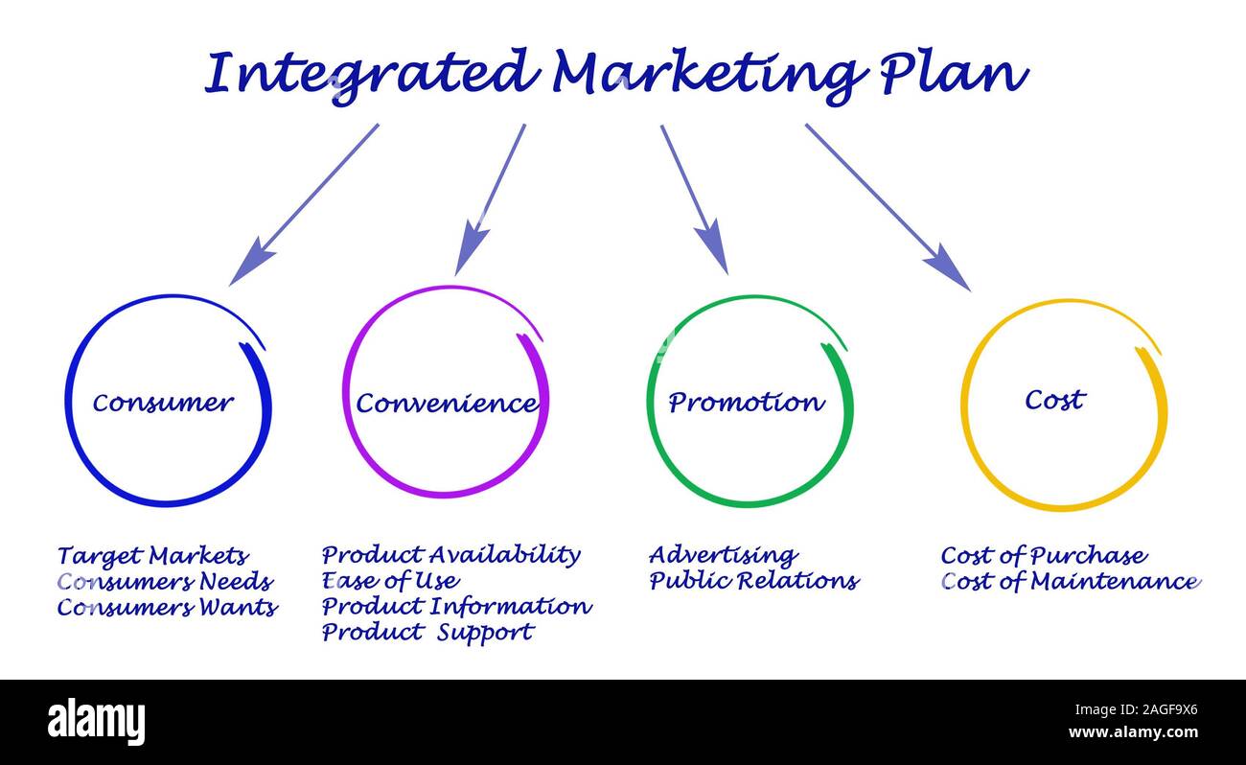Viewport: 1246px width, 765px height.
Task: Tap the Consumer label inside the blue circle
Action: pyautogui.click(x=163, y=403)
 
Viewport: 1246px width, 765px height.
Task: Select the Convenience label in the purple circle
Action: pyautogui.click(x=447, y=403)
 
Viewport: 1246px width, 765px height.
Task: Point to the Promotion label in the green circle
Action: pyautogui.click(x=747, y=402)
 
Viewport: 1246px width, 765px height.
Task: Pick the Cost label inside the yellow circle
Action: pyautogui.click(x=1055, y=400)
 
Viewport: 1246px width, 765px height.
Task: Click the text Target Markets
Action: pyautogui.click(x=152, y=556)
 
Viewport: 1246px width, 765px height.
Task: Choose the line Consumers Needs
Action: pyautogui.click(x=165, y=581)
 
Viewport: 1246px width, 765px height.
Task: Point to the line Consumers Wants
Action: pyautogui.click(x=168, y=607)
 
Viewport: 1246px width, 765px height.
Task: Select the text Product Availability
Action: pyautogui.click(x=451, y=555)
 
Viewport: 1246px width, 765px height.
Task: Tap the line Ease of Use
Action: pyautogui.click(x=391, y=580)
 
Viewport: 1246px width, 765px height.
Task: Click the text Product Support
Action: pyautogui.click(x=427, y=633)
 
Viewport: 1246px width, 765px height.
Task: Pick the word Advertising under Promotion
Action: pyautogui.click(x=723, y=555)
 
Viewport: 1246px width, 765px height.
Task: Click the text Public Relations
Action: pyautogui.click(x=754, y=580)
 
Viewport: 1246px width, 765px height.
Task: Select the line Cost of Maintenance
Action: pyautogui.click(x=1071, y=581)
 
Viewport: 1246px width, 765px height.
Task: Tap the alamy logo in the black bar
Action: pyautogui.click(x=96, y=722)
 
